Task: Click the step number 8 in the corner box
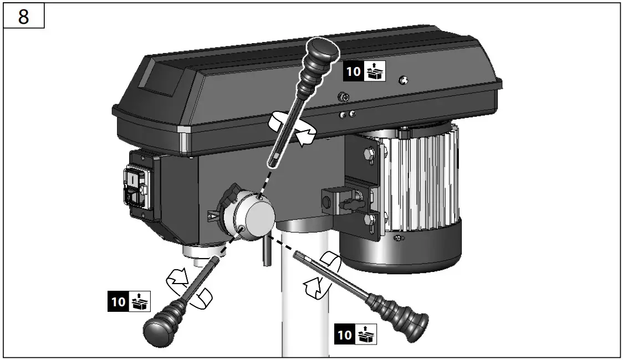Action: [23, 17]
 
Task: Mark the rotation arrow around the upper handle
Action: [292, 128]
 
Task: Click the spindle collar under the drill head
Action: [199, 253]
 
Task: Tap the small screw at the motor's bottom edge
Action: [397, 239]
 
